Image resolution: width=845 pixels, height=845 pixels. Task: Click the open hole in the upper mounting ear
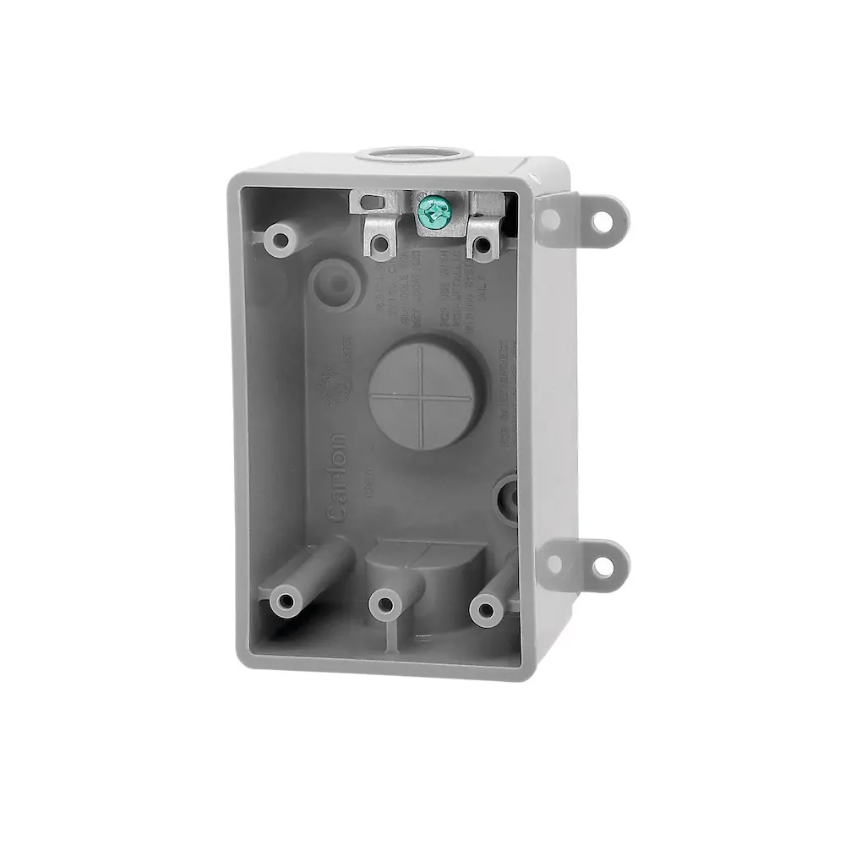coord(602,221)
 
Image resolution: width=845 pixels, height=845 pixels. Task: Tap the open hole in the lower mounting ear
coord(602,567)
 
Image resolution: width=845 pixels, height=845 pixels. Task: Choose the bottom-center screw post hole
coord(386,603)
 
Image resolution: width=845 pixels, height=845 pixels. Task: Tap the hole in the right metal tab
coord(482,245)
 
